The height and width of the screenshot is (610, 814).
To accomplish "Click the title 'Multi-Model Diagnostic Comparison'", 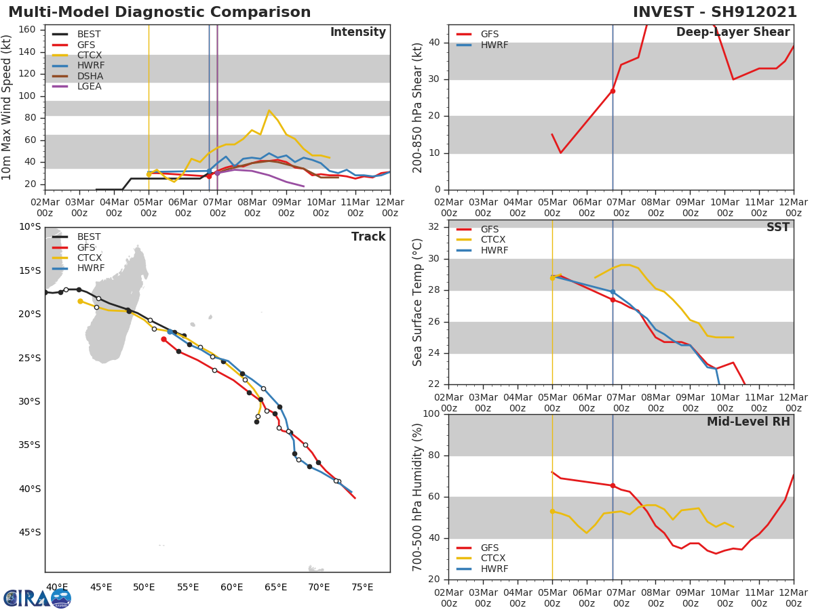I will tap(159, 12).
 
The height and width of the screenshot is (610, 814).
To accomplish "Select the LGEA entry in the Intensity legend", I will tap(90, 86).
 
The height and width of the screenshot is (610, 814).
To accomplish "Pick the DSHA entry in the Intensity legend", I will tap(90, 76).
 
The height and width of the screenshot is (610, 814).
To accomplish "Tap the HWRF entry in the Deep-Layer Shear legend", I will tap(494, 45).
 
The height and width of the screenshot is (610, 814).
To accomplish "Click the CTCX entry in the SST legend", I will tap(494, 240).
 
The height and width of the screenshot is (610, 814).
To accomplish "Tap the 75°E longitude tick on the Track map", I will tap(362, 587).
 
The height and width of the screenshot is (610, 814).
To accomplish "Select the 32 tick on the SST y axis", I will tap(435, 227).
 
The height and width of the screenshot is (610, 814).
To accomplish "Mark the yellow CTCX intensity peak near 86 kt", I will tap(269, 110).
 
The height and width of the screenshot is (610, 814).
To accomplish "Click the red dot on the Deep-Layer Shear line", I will tap(613, 91).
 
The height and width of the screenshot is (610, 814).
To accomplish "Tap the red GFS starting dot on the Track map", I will tap(163, 339).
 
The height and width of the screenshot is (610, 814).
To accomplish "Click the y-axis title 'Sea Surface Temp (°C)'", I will tap(418, 302).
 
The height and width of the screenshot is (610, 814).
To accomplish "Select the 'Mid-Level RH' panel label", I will tap(748, 422).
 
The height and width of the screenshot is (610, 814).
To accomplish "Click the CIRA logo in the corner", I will tap(37, 598).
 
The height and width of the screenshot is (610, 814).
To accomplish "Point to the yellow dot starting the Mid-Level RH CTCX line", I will tap(552, 511).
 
